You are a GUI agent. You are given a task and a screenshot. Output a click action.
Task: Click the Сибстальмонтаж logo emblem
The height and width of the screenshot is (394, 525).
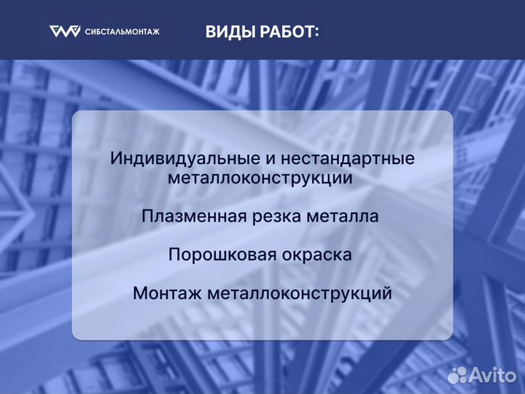click(64, 31)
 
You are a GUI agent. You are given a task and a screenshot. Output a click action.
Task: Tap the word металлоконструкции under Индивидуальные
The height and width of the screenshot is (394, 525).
click(261, 177)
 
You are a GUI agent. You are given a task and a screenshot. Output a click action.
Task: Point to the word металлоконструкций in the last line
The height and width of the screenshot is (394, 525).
click(300, 294)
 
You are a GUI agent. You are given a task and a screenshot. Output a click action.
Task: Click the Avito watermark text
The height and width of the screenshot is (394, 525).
click(493, 375)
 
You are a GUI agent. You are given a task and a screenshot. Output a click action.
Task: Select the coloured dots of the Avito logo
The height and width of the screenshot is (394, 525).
click(457, 375)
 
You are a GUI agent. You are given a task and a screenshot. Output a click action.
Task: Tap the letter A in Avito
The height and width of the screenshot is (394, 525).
click(479, 375)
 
